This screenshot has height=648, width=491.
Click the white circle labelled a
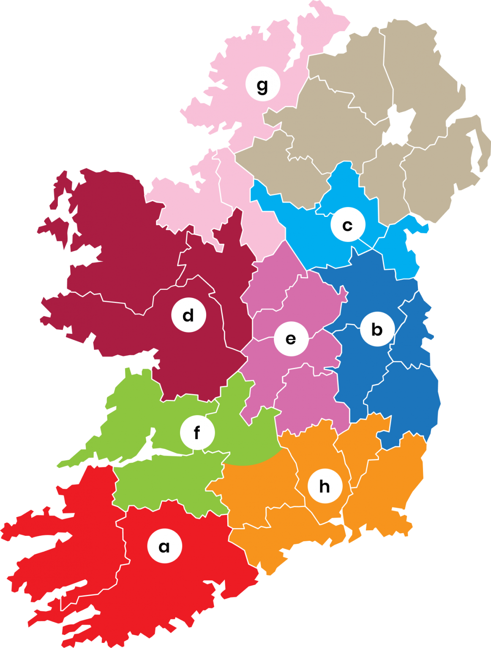164,546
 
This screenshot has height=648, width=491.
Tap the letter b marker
377,329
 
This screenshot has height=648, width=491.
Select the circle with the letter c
347,225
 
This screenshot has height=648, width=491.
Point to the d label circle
188,315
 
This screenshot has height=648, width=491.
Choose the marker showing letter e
291,339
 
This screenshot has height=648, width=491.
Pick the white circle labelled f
197,432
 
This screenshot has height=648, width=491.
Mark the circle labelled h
325,486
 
